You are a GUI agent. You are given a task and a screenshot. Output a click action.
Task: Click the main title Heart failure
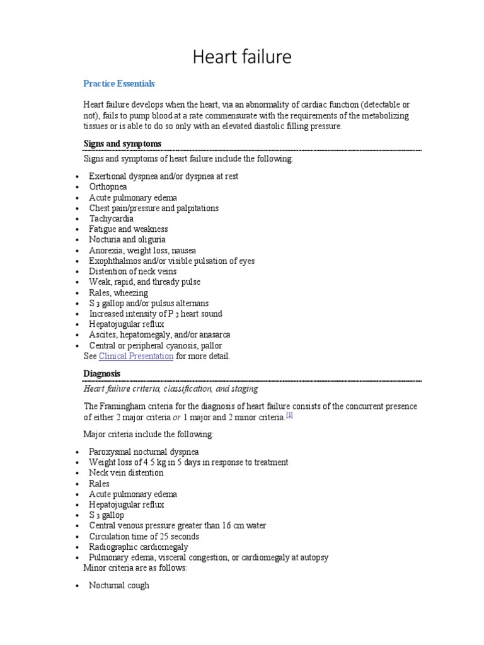[242, 57]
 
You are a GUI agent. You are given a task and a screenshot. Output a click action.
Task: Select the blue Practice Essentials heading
[119, 83]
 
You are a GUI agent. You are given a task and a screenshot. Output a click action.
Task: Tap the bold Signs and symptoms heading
[122, 144]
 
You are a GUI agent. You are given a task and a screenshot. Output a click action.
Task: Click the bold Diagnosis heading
[101, 374]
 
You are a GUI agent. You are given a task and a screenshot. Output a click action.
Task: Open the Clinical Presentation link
[136, 356]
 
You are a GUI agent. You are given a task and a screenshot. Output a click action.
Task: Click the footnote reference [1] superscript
[289, 415]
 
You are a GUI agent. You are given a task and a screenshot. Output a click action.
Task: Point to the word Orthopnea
[108, 187]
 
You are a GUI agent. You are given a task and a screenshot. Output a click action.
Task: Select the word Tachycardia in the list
[111, 219]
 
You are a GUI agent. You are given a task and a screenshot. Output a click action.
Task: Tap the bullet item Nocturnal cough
[119, 585]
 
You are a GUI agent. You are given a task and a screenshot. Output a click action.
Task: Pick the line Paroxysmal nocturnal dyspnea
[144, 452]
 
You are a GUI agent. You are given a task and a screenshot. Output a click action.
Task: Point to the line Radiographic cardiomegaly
[139, 547]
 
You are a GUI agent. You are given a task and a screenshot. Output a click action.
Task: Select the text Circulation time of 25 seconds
[144, 536]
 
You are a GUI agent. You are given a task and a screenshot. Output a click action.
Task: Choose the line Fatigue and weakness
[128, 229]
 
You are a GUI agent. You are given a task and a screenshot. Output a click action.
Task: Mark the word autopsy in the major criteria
[314, 557]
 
